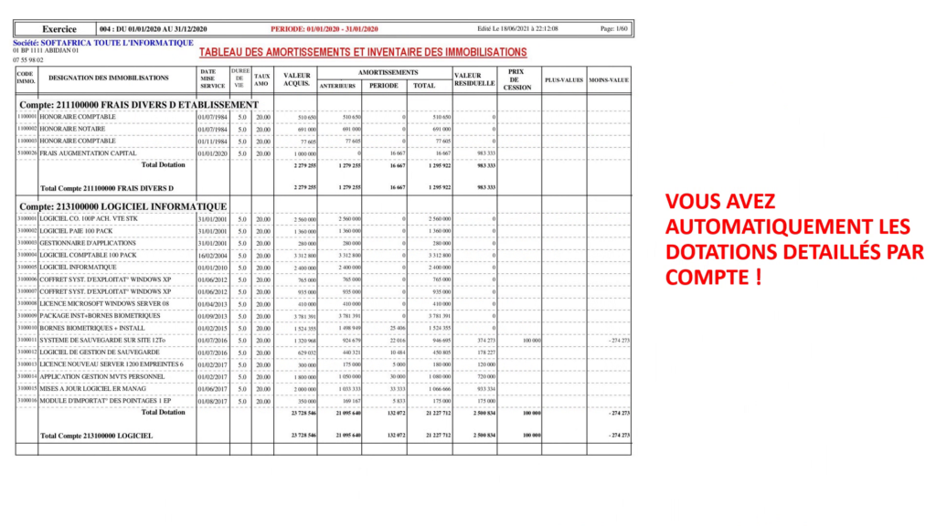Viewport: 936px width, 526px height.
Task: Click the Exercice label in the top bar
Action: point(58,29)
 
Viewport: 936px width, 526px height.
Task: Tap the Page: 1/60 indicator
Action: point(613,29)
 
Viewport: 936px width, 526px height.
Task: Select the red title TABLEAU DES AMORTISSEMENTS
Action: point(363,53)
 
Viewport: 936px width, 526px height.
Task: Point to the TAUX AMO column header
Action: point(262,79)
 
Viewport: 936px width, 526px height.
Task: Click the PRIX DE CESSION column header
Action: point(517,79)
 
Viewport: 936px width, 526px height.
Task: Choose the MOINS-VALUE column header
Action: point(609,80)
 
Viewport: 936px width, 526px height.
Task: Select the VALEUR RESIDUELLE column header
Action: point(474,79)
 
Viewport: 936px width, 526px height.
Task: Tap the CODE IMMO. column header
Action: point(26,79)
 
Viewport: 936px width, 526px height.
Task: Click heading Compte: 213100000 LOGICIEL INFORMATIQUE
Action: point(123,207)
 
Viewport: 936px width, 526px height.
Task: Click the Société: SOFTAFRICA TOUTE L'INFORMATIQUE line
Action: point(103,43)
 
